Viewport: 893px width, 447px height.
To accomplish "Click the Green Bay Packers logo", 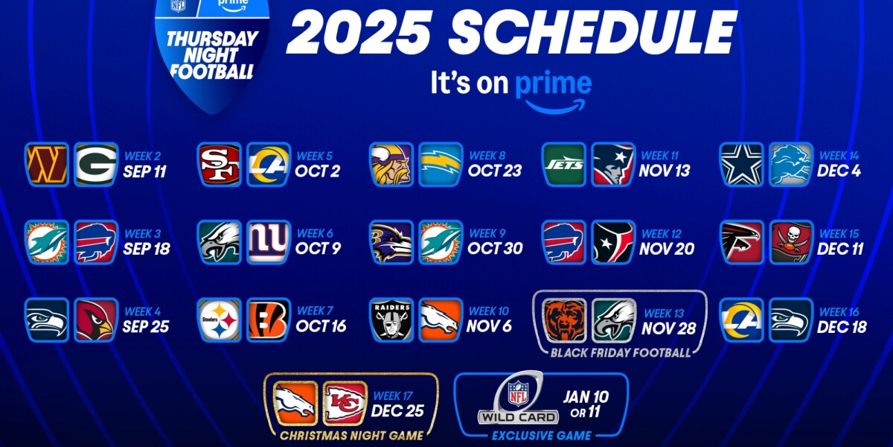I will pyautogui.click(x=95, y=165).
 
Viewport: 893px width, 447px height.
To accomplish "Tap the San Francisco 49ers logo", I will pyautogui.click(x=220, y=165).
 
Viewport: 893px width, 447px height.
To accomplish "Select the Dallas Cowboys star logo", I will pyautogui.click(x=742, y=165).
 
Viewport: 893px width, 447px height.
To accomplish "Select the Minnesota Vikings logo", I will pyautogui.click(x=391, y=165).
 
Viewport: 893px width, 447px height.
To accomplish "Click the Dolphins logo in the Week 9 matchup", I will pyautogui.click(x=441, y=242).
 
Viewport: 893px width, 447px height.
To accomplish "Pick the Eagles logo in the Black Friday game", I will pyautogui.click(x=614, y=320).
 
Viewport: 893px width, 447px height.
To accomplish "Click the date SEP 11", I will pyautogui.click(x=145, y=172).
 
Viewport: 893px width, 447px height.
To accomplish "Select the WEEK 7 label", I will pyautogui.click(x=315, y=311).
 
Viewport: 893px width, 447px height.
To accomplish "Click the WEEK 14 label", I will pyautogui.click(x=839, y=156).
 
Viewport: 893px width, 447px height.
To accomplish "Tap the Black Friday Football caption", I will pyautogui.click(x=619, y=352).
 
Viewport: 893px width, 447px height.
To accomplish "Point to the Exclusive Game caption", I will pyautogui.click(x=542, y=436).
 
